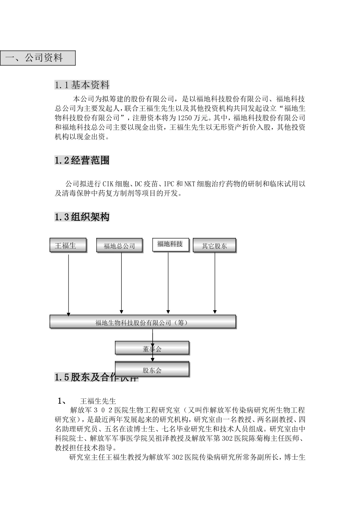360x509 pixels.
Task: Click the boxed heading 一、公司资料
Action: (38, 58)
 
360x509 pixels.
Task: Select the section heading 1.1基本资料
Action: (82, 85)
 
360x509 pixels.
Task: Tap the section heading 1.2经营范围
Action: (82, 161)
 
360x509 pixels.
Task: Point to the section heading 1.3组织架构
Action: (82, 217)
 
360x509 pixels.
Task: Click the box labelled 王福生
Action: (68, 245)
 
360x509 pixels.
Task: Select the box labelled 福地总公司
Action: (120, 246)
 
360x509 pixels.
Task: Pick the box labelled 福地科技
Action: (170, 244)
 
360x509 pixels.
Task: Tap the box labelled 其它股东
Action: (214, 246)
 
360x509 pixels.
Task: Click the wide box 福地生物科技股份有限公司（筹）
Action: (143, 322)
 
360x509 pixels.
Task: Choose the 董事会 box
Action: (152, 348)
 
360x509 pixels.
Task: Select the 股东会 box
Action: (152, 370)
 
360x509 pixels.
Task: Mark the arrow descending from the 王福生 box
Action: (69, 284)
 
